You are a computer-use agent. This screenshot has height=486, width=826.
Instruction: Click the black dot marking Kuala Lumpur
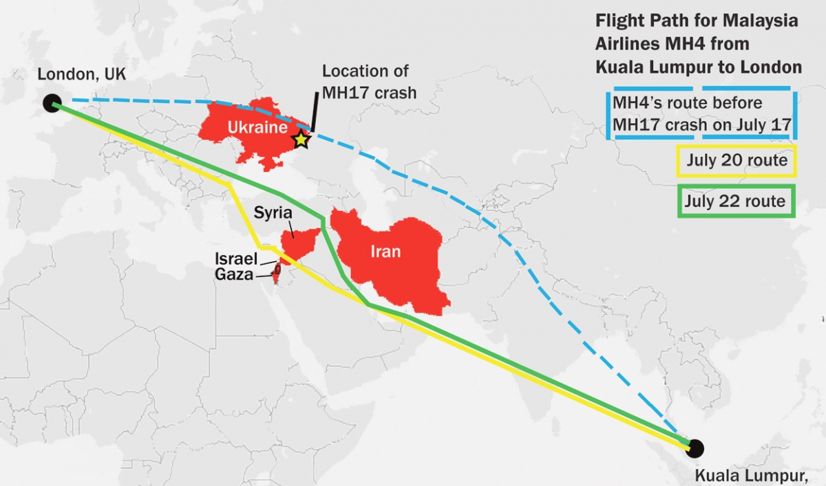pyautogui.click(x=695, y=448)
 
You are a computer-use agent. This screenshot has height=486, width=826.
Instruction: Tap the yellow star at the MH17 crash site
pyautogui.click(x=301, y=140)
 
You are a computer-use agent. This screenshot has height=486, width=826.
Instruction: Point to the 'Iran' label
pyautogui.click(x=385, y=252)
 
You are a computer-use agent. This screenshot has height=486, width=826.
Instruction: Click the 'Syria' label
pyautogui.click(x=273, y=212)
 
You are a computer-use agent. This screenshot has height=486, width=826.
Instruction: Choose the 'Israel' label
pyautogui.click(x=235, y=259)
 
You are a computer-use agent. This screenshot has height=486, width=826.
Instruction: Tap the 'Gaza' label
pyautogui.click(x=233, y=276)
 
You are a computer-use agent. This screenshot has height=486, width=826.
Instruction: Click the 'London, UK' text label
pyautogui.click(x=82, y=75)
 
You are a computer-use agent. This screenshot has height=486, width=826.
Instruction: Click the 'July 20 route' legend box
pyautogui.click(x=736, y=162)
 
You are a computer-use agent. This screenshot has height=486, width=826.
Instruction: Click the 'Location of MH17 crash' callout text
pyautogui.click(x=368, y=81)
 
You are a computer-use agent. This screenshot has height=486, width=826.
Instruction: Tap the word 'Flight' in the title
pyautogui.click(x=618, y=21)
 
